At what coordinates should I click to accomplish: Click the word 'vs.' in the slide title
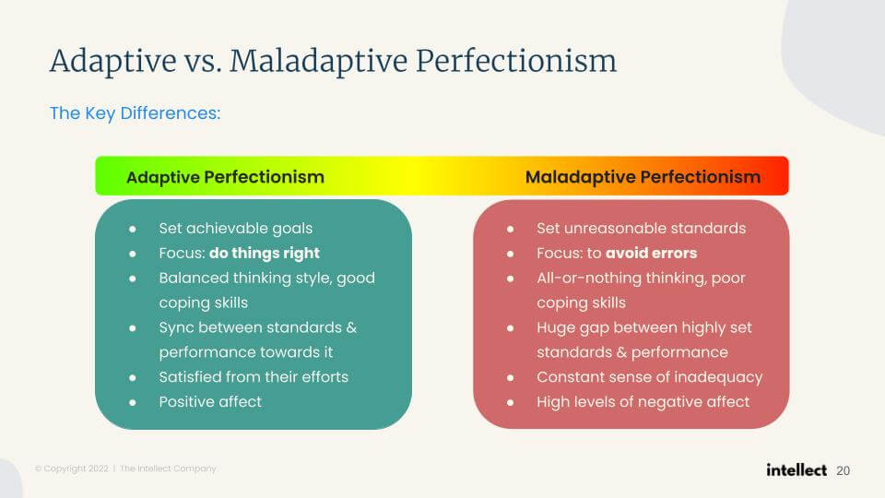tap(202, 61)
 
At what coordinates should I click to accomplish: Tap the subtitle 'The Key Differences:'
tap(135, 113)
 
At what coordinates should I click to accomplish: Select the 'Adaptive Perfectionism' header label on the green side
tap(225, 177)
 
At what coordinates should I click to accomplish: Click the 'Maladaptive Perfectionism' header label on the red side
tap(643, 177)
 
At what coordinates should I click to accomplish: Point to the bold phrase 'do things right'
tap(265, 254)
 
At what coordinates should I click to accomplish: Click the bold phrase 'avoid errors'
tap(652, 253)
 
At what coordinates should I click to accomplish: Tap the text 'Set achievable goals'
tap(235, 229)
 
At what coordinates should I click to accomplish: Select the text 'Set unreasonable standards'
tap(642, 228)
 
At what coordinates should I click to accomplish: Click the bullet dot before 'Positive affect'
tap(133, 403)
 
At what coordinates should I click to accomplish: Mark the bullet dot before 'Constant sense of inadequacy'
tap(510, 378)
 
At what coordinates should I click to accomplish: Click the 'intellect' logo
tap(796, 469)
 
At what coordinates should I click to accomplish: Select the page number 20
tap(844, 471)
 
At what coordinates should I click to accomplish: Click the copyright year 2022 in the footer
tap(99, 468)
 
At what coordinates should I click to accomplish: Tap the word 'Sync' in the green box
tap(177, 328)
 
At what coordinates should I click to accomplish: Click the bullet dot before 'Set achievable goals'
tap(133, 230)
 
